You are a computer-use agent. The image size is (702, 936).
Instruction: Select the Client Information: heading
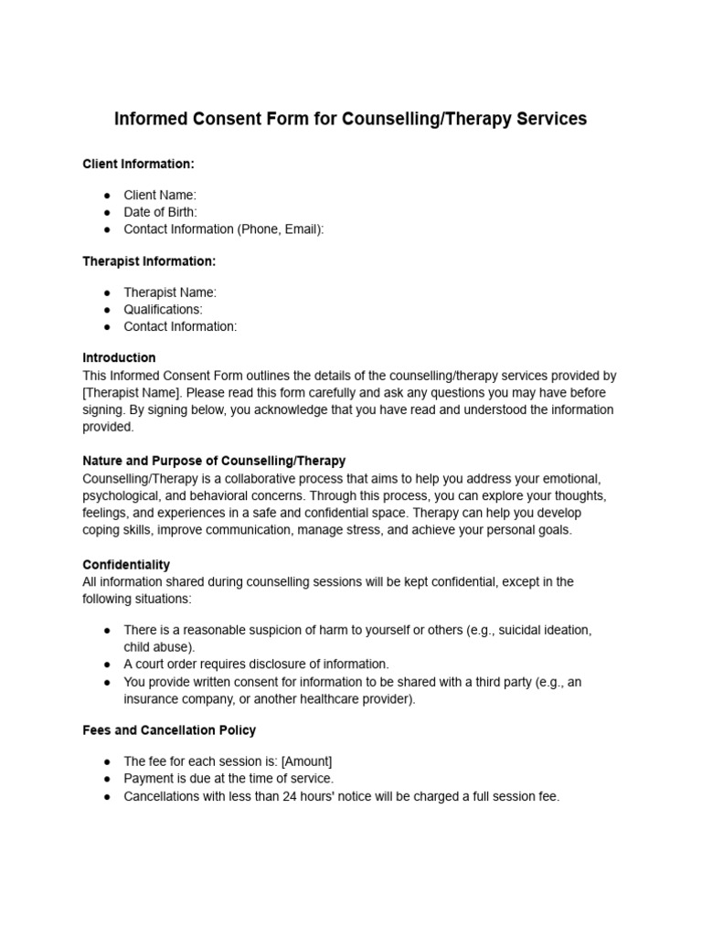tap(138, 164)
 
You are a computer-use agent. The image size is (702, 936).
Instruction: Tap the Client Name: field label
tap(160, 195)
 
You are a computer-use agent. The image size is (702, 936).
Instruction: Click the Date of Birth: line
tap(160, 212)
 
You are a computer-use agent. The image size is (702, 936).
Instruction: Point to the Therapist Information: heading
tap(149, 261)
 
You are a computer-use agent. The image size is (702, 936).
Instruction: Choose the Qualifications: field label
tap(163, 309)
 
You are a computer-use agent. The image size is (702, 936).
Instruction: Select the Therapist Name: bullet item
tap(170, 292)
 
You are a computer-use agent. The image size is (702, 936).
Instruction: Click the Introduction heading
tap(119, 357)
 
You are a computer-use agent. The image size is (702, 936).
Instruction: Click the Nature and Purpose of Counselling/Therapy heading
tap(214, 461)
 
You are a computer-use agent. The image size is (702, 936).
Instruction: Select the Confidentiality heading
tap(126, 565)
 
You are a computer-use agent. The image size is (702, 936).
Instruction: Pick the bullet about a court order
tap(256, 664)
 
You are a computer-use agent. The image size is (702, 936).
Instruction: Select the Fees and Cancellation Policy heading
tap(169, 730)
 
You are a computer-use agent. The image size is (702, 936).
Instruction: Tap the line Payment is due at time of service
tap(229, 779)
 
